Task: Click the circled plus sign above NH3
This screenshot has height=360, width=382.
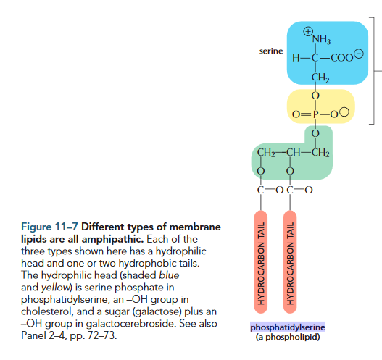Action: pyautogui.click(x=308, y=31)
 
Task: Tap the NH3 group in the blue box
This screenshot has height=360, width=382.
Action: pyautogui.click(x=322, y=39)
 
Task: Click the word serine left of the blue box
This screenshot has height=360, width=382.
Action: pyautogui.click(x=271, y=51)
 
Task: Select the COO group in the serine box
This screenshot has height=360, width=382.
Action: pyautogui.click(x=341, y=58)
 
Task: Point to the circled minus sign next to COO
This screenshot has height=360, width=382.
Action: pyautogui.click(x=359, y=54)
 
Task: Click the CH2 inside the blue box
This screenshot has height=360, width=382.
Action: pyautogui.click(x=320, y=78)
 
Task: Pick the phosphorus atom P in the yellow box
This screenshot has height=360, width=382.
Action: pyautogui.click(x=316, y=114)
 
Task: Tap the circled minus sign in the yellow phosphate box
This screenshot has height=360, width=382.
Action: pyautogui.click(x=344, y=112)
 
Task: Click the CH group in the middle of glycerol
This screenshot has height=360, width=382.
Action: pyautogui.click(x=293, y=153)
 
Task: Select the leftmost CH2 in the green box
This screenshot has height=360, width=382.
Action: pyautogui.click(x=266, y=153)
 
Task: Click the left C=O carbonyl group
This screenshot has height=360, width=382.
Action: pyautogui.click(x=270, y=190)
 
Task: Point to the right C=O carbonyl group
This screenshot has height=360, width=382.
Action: pyautogui.click(x=299, y=190)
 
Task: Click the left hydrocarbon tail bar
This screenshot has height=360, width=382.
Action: pyautogui.click(x=261, y=262)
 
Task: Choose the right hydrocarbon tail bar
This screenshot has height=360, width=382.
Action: pyautogui.click(x=290, y=262)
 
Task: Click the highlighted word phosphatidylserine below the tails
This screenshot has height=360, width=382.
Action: pyautogui.click(x=288, y=327)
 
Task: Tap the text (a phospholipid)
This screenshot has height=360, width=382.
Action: pyautogui.click(x=288, y=337)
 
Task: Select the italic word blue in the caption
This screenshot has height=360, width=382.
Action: pyautogui.click(x=169, y=275)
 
